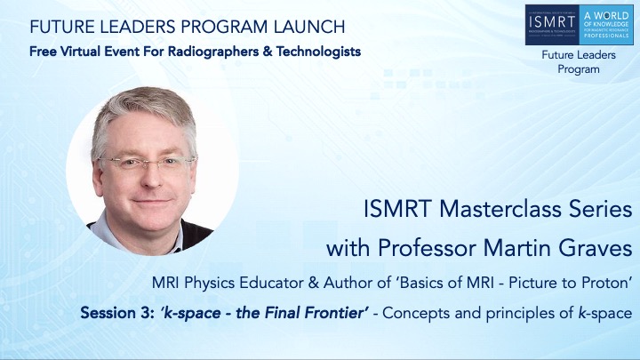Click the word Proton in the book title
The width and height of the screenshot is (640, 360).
605,284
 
